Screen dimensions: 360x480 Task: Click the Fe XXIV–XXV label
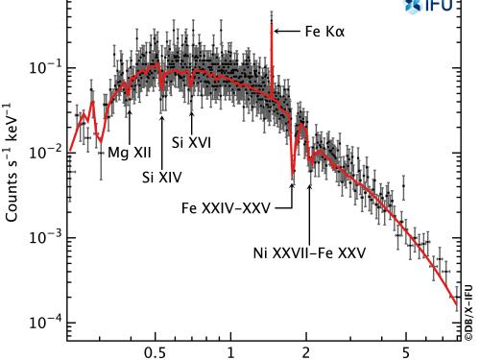[238, 206]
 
